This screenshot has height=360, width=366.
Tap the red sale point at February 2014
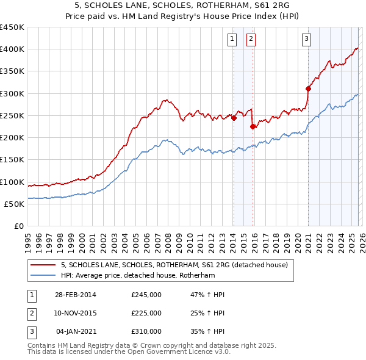(234, 118)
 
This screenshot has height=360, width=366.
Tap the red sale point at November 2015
(253, 127)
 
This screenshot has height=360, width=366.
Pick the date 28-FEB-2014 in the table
(75, 295)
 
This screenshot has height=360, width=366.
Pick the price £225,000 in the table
(146, 313)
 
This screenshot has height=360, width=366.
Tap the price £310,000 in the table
(146, 331)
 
